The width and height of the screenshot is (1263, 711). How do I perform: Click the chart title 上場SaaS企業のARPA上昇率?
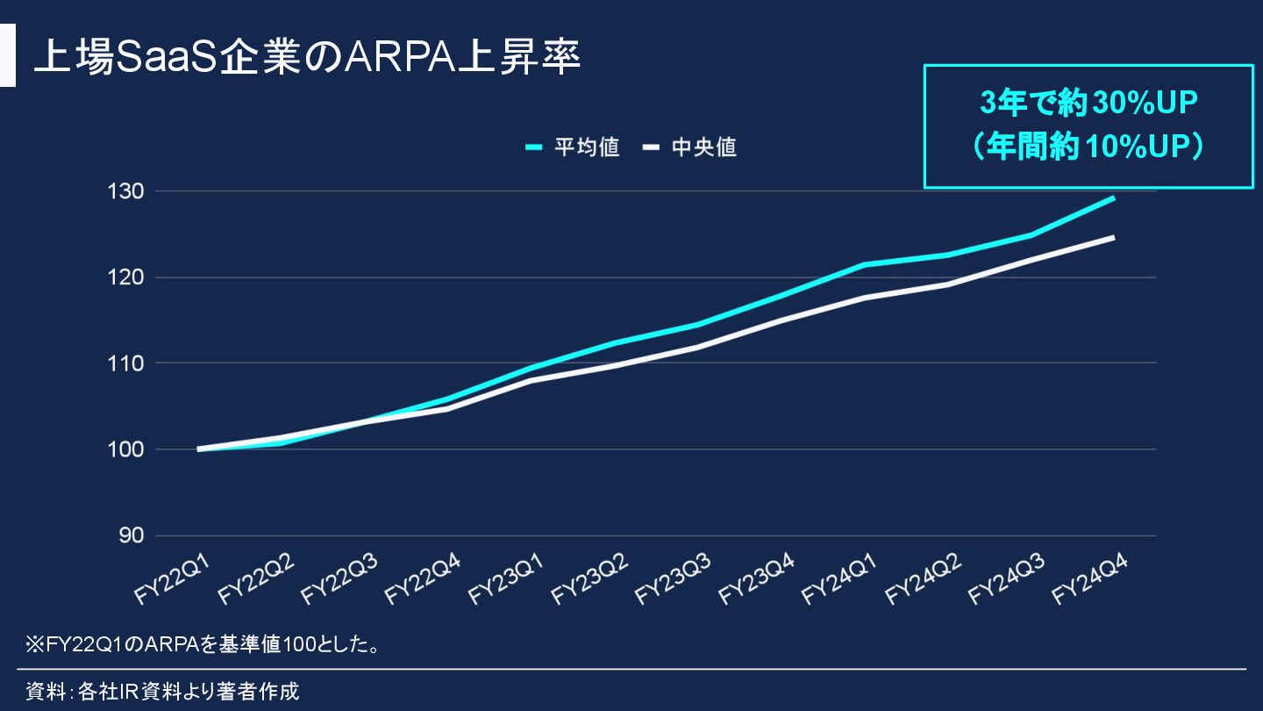[x=307, y=57]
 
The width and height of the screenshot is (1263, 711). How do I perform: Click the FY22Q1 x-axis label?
[x=172, y=579]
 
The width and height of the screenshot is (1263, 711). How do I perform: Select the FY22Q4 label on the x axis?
[x=423, y=579]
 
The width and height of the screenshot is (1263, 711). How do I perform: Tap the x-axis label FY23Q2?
[x=589, y=579]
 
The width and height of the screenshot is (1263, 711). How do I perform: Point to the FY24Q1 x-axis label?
[x=840, y=579]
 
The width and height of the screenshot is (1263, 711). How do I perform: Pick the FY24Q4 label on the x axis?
[x=1090, y=579]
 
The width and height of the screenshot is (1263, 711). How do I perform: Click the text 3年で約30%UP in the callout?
[x=1088, y=104]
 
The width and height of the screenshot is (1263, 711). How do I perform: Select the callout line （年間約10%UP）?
[x=1088, y=147]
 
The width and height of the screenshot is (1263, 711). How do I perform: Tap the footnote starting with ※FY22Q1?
[x=203, y=646]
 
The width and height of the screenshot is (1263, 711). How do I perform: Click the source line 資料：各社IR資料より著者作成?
[x=163, y=692]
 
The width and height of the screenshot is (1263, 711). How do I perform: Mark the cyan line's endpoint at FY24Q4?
[x=1113, y=198]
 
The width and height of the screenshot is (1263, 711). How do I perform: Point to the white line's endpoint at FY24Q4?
[x=1113, y=237]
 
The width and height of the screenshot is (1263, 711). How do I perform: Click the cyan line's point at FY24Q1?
[x=864, y=264]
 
